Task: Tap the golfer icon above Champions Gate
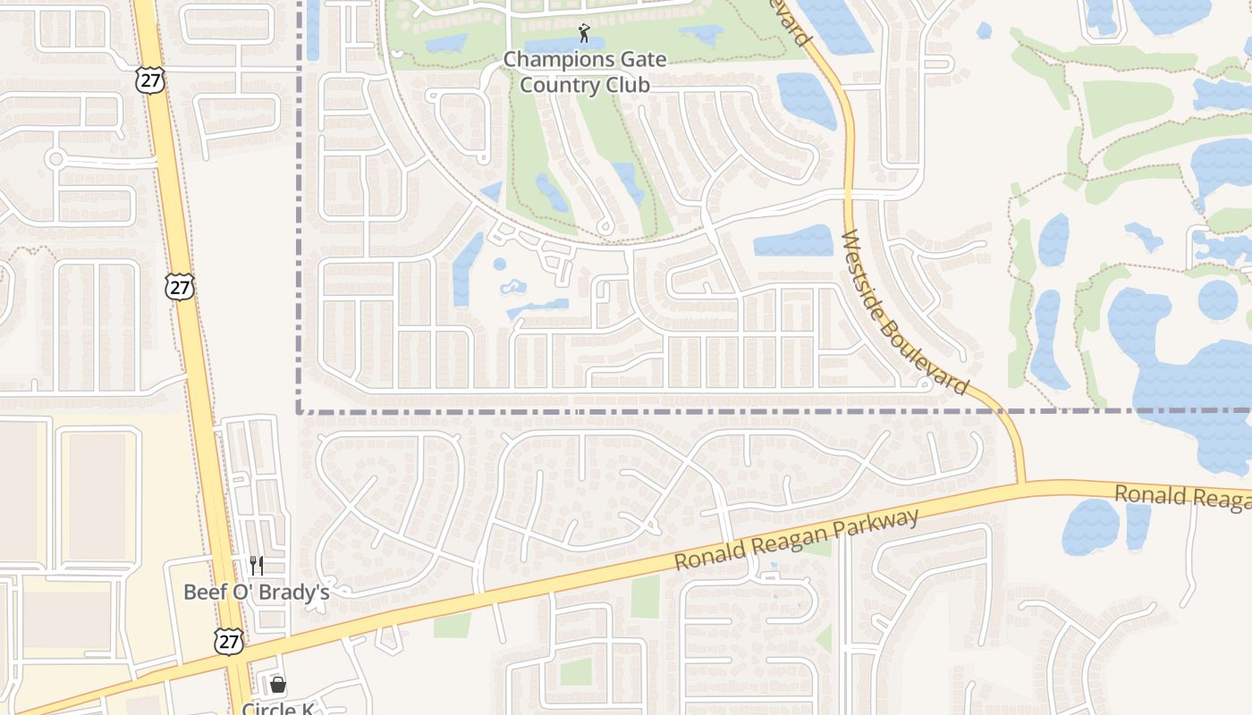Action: [x=584, y=34]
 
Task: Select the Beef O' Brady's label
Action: [x=257, y=592]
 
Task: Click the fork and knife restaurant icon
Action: [x=257, y=565]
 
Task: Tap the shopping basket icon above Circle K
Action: [x=278, y=685]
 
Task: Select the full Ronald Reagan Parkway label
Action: [x=796, y=540]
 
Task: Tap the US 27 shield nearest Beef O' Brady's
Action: [x=227, y=641]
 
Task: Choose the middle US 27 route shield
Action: [x=180, y=286]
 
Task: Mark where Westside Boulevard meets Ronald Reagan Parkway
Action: [x=1021, y=484]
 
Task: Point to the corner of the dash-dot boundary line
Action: [x=299, y=411]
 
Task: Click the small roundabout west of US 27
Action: [x=56, y=159]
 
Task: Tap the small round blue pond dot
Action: [x=499, y=264]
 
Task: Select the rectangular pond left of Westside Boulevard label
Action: [x=793, y=241]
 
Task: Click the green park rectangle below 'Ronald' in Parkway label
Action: [x=645, y=596]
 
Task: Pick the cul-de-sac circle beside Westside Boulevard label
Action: [x=924, y=384]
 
